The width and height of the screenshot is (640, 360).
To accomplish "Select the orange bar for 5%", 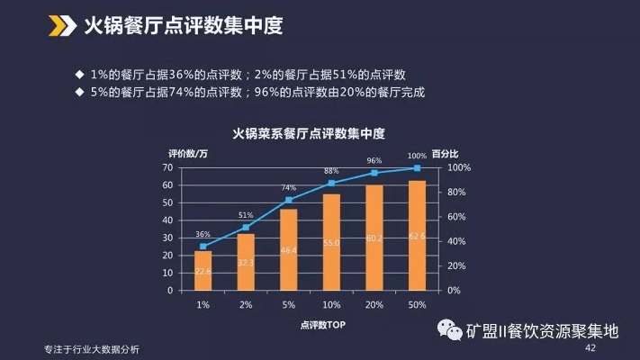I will tap(289, 249).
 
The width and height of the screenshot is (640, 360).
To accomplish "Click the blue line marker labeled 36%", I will tap(203, 247).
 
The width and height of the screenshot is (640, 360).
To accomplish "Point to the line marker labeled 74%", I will tap(289, 200).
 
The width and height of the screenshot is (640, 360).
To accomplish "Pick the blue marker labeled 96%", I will tap(374, 172).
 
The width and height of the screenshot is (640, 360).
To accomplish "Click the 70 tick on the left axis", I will tap(167, 167).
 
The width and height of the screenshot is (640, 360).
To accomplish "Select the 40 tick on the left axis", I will tap(167, 220).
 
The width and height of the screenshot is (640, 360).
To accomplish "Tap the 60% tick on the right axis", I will tap(458, 217).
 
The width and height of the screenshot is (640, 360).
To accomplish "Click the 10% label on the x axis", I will tap(331, 305).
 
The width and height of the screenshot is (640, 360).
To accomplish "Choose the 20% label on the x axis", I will tap(374, 305).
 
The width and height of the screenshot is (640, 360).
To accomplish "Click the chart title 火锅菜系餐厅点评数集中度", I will tap(309, 134).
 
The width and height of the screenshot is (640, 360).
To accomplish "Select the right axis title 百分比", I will tap(446, 152).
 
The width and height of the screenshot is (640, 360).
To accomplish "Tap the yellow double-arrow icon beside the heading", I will tap(60, 27).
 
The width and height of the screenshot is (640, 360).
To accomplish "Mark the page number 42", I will tap(590, 347).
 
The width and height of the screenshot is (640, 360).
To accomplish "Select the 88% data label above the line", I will tap(331, 171).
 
